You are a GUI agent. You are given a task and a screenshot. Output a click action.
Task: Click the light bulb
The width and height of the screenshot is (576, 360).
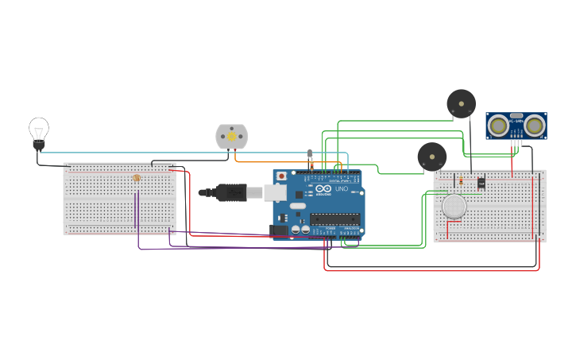pos(38,131)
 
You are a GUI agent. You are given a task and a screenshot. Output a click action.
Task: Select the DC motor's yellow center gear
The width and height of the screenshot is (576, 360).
pos(232,137)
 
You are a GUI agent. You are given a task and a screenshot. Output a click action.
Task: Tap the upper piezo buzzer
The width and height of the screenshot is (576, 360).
pos(461,103)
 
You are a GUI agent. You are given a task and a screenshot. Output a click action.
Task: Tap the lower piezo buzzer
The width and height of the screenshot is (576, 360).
pos(431,157)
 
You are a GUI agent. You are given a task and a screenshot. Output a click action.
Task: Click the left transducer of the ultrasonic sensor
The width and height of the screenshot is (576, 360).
pos(498,125)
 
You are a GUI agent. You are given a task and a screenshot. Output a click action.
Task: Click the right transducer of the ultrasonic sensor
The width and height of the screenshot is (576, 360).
pos(534,125)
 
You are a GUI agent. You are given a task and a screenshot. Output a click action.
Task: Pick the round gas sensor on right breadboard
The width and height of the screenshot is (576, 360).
pos(454,207)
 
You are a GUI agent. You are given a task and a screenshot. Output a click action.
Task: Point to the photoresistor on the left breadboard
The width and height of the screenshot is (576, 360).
pos(137,178)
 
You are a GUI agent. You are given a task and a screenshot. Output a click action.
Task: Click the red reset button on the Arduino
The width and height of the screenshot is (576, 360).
pos(280,176)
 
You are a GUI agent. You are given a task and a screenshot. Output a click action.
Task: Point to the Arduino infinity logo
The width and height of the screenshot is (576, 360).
pos(323,189)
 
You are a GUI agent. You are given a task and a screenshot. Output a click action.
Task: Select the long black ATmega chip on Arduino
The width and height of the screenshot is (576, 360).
pos(334,219)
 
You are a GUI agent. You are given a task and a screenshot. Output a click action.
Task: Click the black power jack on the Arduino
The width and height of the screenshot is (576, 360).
pos(278,230)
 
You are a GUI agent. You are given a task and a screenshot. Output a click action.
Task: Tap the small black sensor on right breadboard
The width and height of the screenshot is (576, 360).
pos(481,184)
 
